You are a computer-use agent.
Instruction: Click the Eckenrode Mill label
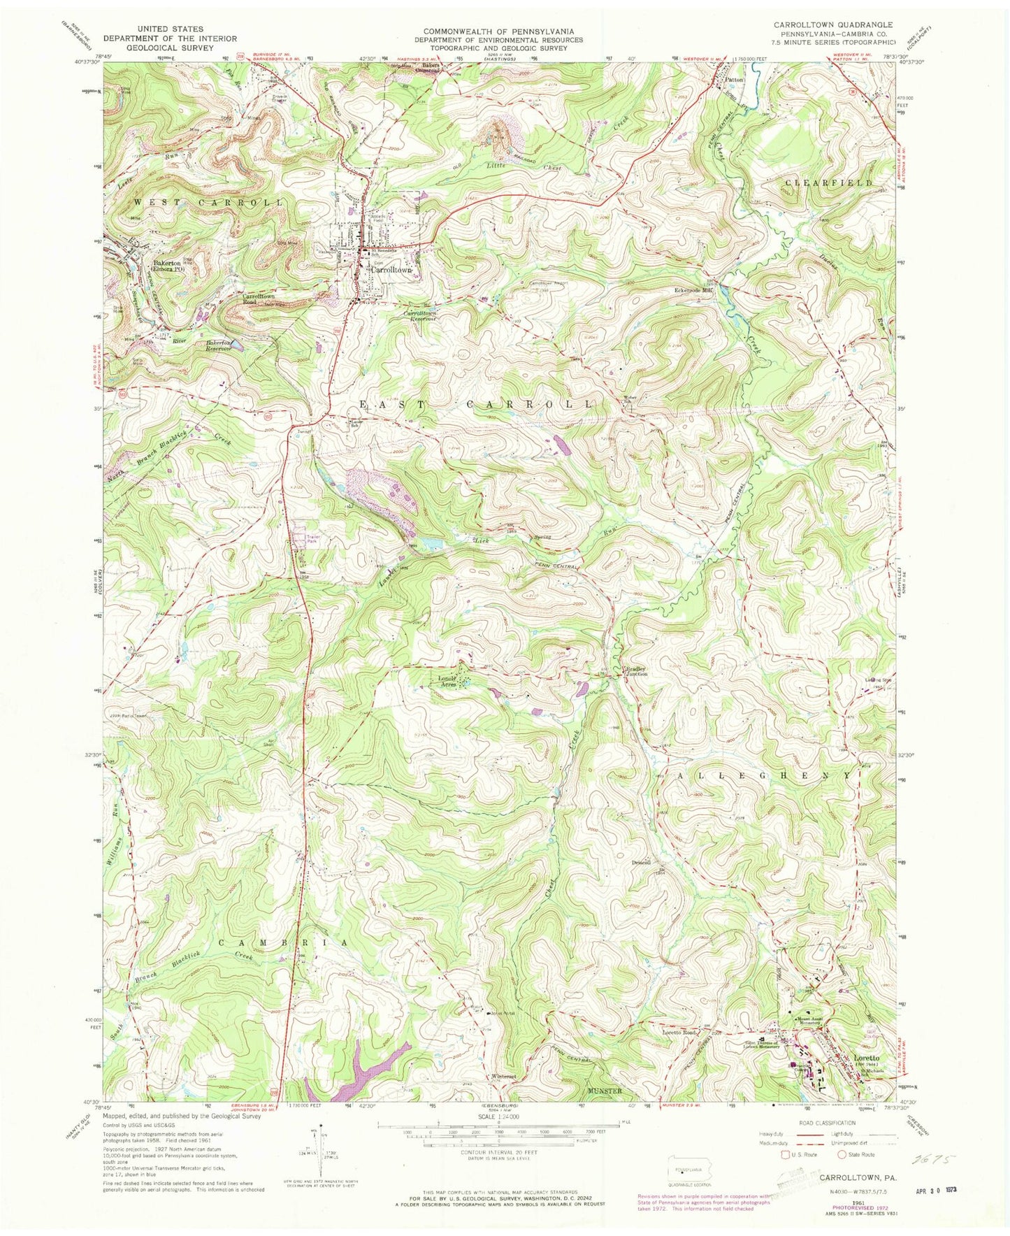tap(693, 289)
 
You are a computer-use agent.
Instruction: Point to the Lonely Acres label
tap(447, 682)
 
